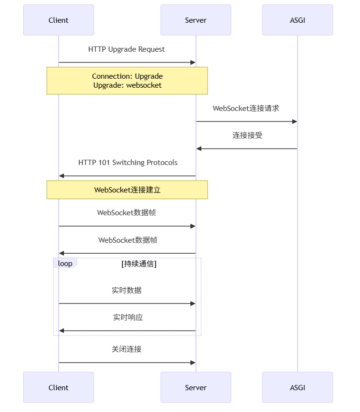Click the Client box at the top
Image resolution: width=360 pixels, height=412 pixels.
click(x=58, y=20)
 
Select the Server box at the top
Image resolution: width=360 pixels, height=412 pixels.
click(x=196, y=20)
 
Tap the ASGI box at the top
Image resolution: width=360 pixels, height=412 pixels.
click(x=297, y=20)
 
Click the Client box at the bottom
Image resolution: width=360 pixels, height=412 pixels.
click(x=58, y=387)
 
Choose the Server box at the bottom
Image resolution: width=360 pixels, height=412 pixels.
click(x=196, y=387)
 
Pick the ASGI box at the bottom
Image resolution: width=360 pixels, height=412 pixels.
click(x=297, y=387)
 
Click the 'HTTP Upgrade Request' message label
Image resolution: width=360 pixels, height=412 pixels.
click(x=126, y=49)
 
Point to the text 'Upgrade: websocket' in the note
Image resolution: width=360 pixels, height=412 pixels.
click(x=127, y=85)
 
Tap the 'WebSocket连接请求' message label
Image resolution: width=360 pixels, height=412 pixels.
click(x=246, y=109)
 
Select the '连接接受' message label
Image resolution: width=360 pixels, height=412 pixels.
click(x=247, y=136)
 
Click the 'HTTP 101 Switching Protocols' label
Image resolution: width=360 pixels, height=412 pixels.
click(x=127, y=163)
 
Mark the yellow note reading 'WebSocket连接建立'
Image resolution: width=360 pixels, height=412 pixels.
click(x=127, y=190)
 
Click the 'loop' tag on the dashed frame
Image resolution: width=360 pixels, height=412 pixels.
click(x=65, y=263)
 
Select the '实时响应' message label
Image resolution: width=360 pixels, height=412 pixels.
click(x=127, y=318)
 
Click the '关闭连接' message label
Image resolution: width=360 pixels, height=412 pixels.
click(x=126, y=349)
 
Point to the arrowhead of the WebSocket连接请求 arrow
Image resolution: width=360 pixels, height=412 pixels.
click(x=295, y=122)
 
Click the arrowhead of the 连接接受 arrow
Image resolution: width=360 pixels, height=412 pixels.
click(x=199, y=149)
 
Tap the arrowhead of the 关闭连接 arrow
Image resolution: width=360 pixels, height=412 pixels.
click(x=193, y=363)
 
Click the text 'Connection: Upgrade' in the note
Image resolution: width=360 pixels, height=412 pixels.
click(x=127, y=76)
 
